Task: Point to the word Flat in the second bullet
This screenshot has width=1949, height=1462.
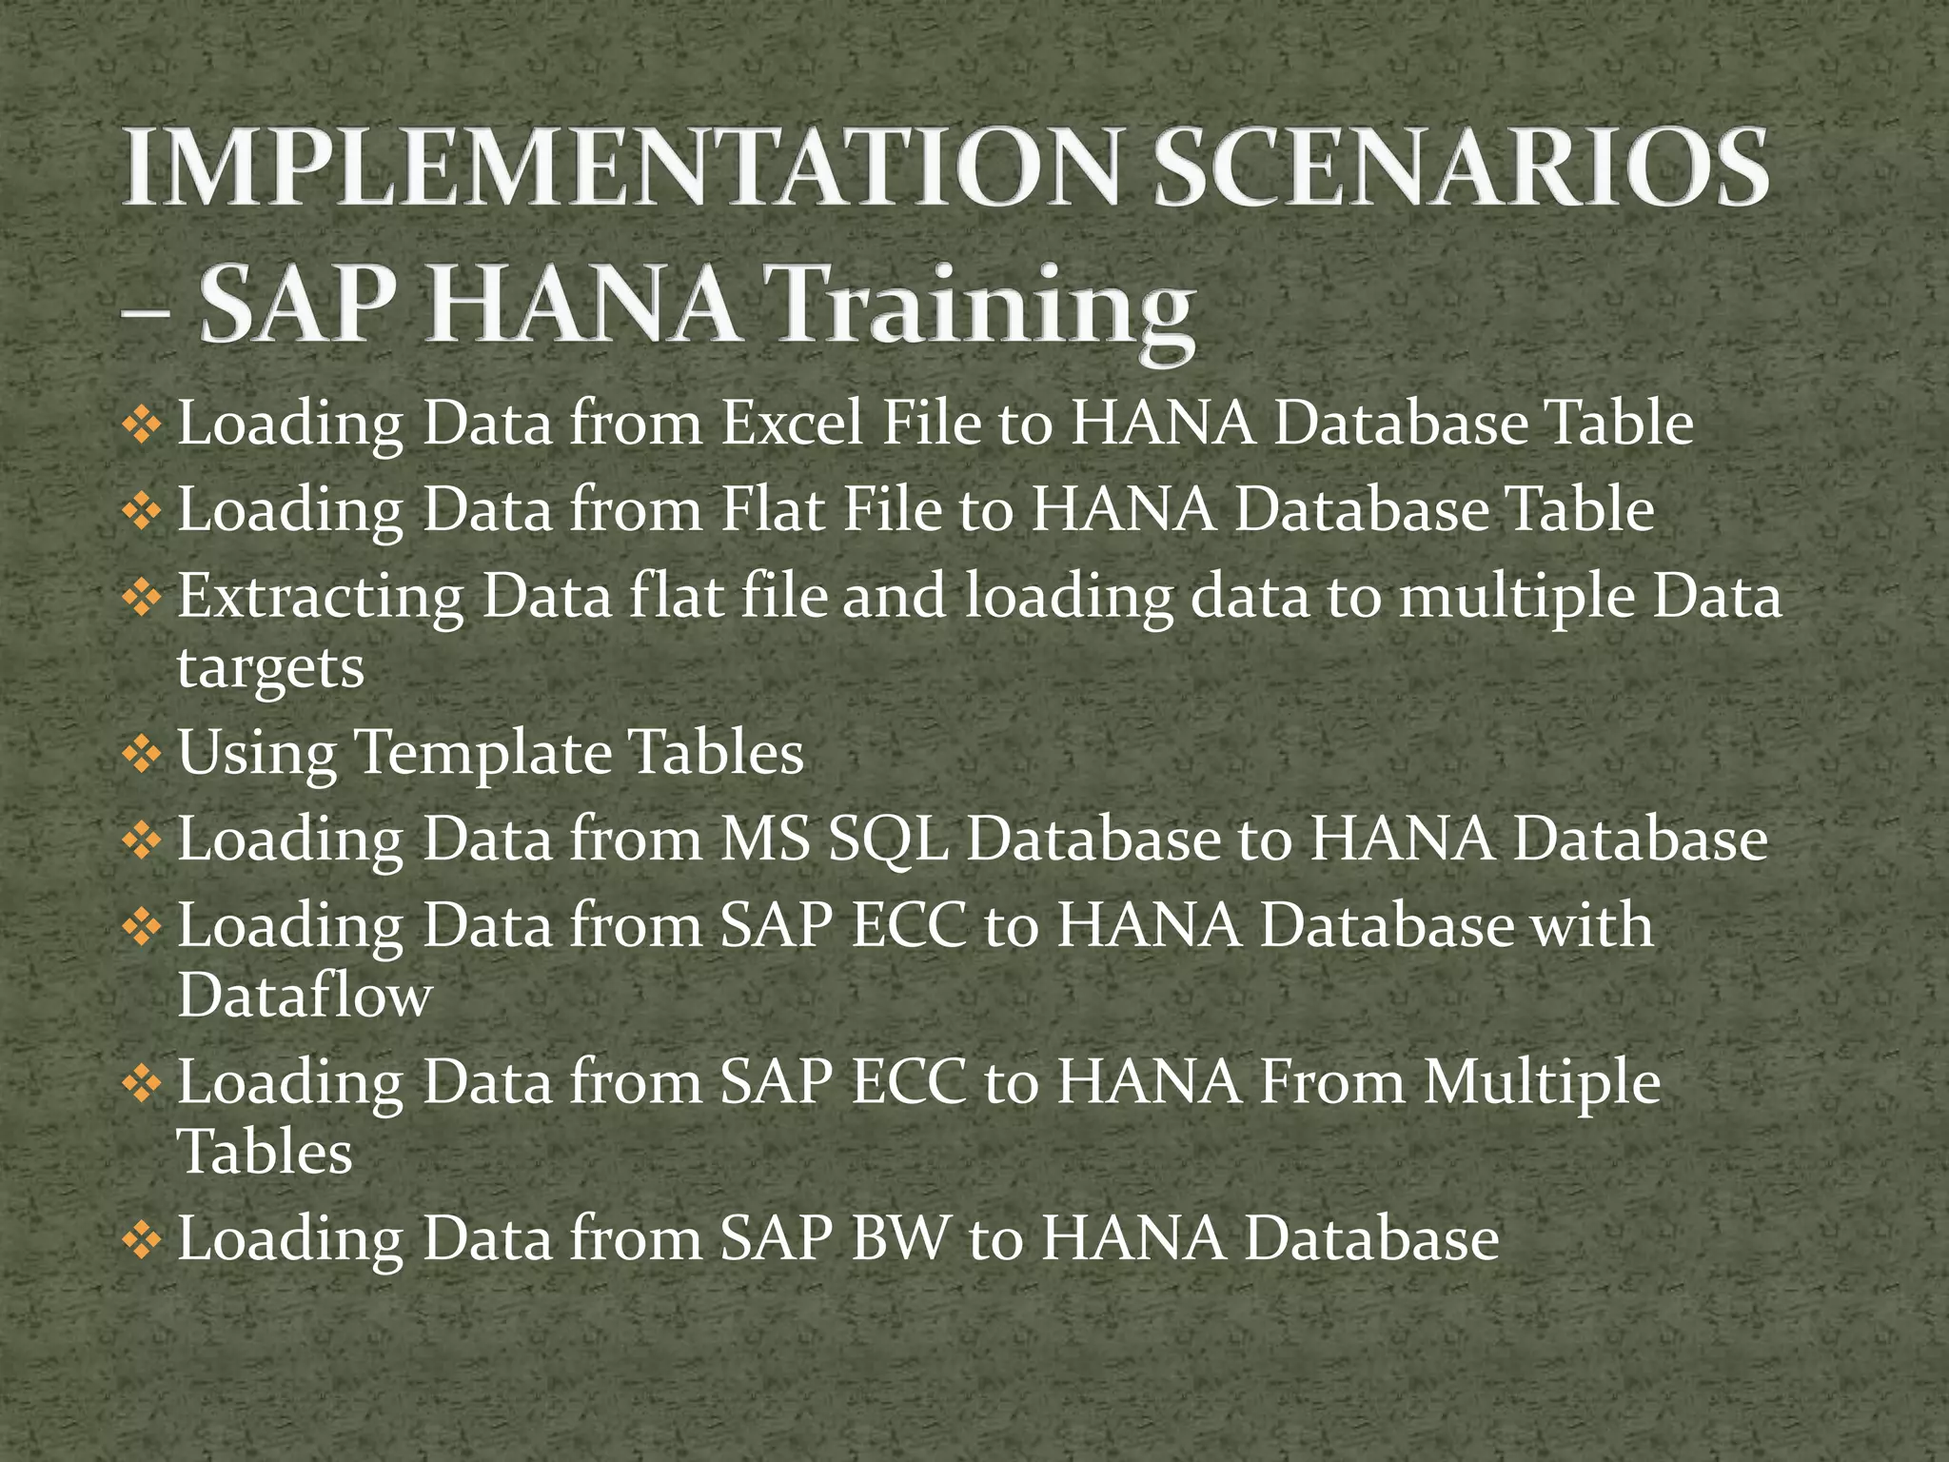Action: pyautogui.click(x=772, y=509)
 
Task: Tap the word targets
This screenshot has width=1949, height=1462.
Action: pyautogui.click(x=270, y=668)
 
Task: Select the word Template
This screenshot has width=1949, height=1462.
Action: pyautogui.click(x=483, y=753)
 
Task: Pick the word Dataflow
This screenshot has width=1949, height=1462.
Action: pyautogui.click(x=305, y=996)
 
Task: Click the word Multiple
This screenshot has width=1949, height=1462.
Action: pyautogui.click(x=1542, y=1082)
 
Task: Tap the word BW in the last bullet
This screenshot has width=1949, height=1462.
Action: pyautogui.click(x=900, y=1238)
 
